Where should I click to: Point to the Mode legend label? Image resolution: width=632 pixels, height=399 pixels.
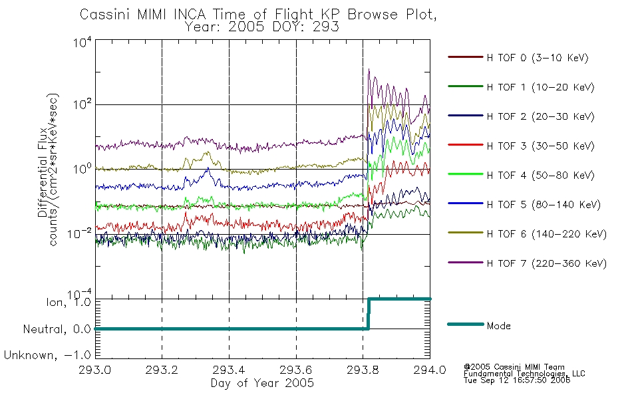(x=498, y=326)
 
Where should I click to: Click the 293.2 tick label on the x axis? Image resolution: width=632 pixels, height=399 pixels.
(x=162, y=370)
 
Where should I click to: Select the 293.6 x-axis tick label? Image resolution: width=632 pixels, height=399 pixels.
(x=296, y=370)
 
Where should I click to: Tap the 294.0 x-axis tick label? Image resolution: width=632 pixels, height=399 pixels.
(x=430, y=370)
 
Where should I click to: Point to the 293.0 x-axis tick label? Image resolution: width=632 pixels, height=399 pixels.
(x=94, y=370)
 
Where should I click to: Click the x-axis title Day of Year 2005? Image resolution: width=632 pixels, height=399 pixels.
(x=262, y=383)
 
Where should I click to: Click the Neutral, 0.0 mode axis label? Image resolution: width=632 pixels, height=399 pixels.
(x=57, y=329)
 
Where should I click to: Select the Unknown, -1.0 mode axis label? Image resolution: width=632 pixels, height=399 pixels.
(x=47, y=355)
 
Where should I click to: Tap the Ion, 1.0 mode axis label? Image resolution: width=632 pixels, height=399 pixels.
(x=69, y=302)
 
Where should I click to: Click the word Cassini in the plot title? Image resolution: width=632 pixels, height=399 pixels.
(x=106, y=15)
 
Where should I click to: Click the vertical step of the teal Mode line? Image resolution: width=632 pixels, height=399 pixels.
(x=369, y=314)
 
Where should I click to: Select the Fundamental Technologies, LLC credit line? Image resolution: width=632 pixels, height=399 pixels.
(x=524, y=374)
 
